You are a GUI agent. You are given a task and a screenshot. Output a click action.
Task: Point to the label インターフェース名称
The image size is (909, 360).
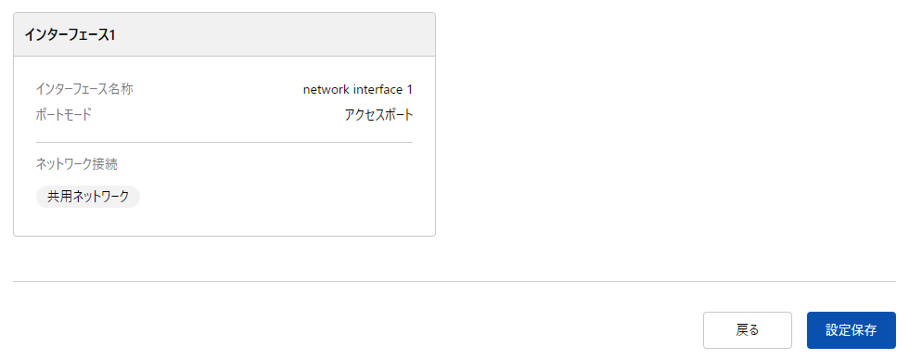[x=91, y=89]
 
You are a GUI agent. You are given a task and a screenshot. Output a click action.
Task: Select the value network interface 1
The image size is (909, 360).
[x=357, y=89]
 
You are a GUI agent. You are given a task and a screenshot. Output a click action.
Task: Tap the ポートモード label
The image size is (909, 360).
[x=64, y=115]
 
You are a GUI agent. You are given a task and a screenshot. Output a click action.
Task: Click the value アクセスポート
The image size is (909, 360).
[x=378, y=115]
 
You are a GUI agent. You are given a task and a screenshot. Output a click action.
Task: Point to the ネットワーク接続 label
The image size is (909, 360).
[x=77, y=164]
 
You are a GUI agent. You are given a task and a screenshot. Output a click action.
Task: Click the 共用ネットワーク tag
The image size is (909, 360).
[x=88, y=197]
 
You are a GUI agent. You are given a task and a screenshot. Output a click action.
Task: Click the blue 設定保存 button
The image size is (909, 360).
[x=851, y=330]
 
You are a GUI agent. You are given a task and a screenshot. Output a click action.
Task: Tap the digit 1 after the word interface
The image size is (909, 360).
[x=409, y=89]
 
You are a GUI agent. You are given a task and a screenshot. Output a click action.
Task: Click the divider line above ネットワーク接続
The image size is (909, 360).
[x=224, y=142]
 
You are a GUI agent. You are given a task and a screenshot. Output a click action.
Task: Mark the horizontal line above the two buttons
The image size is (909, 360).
[x=454, y=281]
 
